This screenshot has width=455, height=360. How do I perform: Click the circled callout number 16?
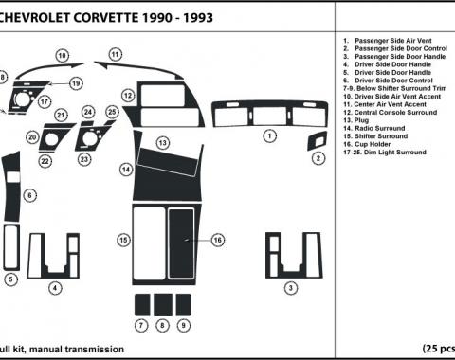pos(217,241)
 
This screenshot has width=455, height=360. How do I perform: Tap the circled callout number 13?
pos(163,142)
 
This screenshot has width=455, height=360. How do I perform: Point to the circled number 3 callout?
pos(292,287)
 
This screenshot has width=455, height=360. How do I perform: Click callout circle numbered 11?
pos(115,55)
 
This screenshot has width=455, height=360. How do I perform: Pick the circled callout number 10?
pos(62,56)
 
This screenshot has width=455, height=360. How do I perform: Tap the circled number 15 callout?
pos(124,241)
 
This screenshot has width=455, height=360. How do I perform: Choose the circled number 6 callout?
pos(30,196)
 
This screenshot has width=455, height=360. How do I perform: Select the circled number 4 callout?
pos(55,287)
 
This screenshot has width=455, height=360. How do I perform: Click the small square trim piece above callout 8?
pos(161,304)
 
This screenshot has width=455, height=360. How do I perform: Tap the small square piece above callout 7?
pos(141,304)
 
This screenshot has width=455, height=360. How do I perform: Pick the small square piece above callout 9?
pos(181,304)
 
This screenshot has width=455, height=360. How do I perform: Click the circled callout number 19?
pos(75,84)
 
